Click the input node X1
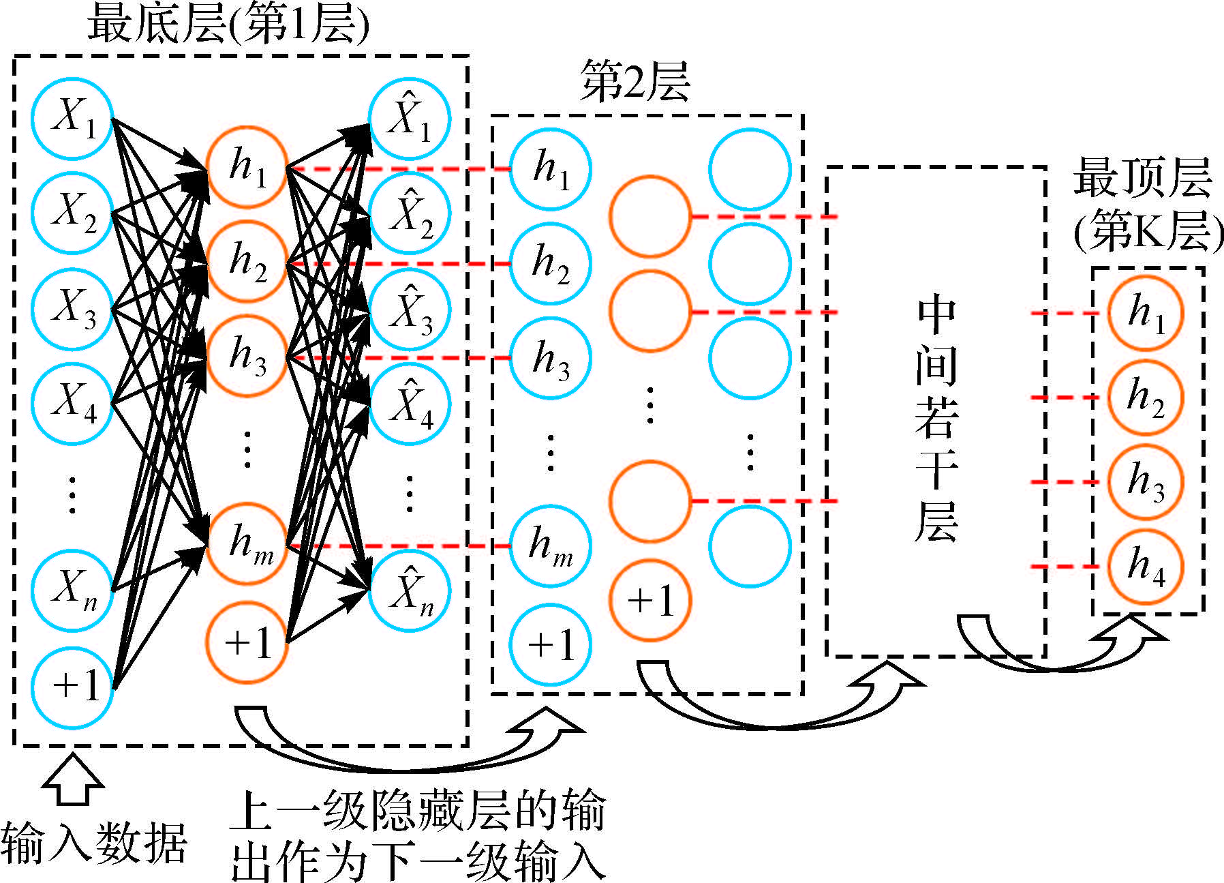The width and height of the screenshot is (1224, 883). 72,119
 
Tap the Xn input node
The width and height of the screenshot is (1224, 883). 72,590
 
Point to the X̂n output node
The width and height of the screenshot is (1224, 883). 410,590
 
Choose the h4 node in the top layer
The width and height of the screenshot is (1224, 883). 1146,567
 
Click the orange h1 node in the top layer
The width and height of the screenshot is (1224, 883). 1146,313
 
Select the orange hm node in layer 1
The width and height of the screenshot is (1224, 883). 247,545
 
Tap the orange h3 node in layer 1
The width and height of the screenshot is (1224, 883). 247,357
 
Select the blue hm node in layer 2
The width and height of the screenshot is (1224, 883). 551,545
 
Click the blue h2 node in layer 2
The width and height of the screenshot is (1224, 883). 551,264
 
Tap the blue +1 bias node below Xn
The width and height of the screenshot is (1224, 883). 72,687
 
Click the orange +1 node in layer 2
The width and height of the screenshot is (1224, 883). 650,601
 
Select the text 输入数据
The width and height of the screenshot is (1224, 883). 94,844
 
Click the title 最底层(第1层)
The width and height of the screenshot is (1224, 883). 228,26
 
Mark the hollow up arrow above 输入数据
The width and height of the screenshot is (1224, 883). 73,779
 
